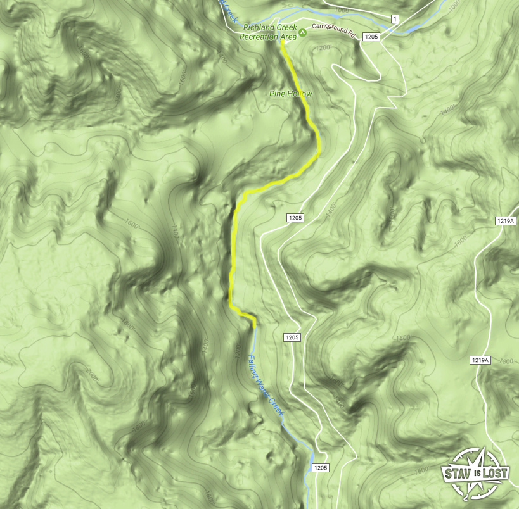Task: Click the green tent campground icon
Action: click(303, 32)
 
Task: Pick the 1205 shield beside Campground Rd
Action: click(371, 37)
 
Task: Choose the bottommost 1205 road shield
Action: click(319, 468)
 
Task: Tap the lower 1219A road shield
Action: click(480, 360)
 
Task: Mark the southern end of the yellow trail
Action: click(254, 327)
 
